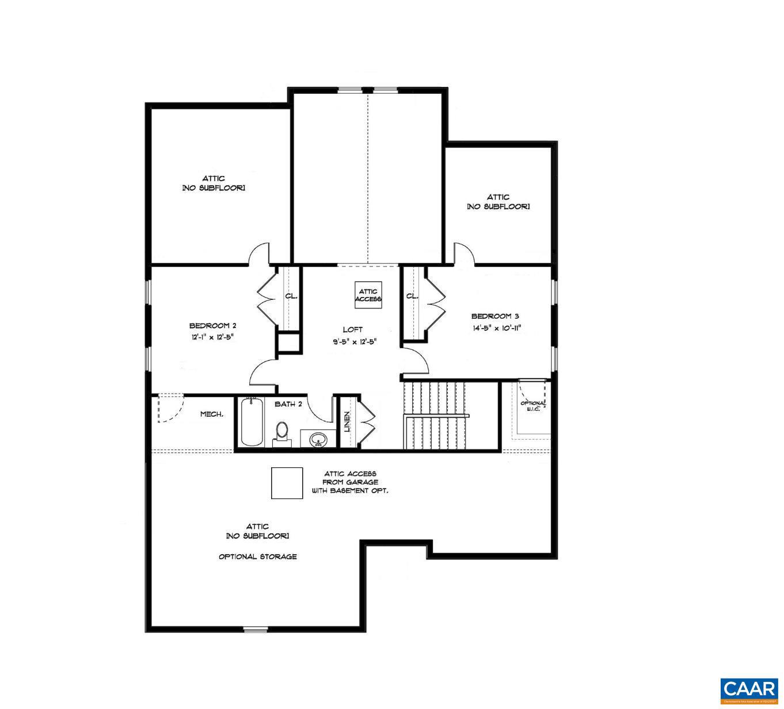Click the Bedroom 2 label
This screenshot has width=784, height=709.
tap(213, 325)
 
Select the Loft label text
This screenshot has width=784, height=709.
tap(353, 329)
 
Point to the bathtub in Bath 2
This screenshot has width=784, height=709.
tap(250, 423)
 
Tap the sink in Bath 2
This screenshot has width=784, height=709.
tap(317, 440)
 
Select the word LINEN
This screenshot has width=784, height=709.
tap(347, 422)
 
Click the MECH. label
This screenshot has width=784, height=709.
tap(212, 414)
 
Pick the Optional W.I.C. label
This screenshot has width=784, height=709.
tap(532, 406)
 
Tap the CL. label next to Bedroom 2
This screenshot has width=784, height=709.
tap(291, 296)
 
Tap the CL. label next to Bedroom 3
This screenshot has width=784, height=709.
tap(412, 296)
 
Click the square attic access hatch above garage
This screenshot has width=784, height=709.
tap(287, 483)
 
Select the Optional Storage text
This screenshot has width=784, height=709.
tap(258, 556)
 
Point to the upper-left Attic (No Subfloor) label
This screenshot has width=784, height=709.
tap(214, 183)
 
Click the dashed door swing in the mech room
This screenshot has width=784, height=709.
tap(169, 408)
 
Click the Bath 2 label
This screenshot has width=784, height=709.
tap(288, 404)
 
